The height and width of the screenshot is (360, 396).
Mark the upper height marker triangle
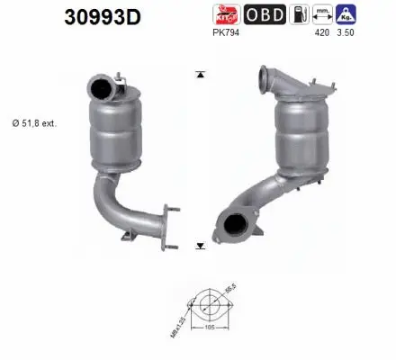199,73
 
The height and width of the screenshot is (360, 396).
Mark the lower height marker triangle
199,244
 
